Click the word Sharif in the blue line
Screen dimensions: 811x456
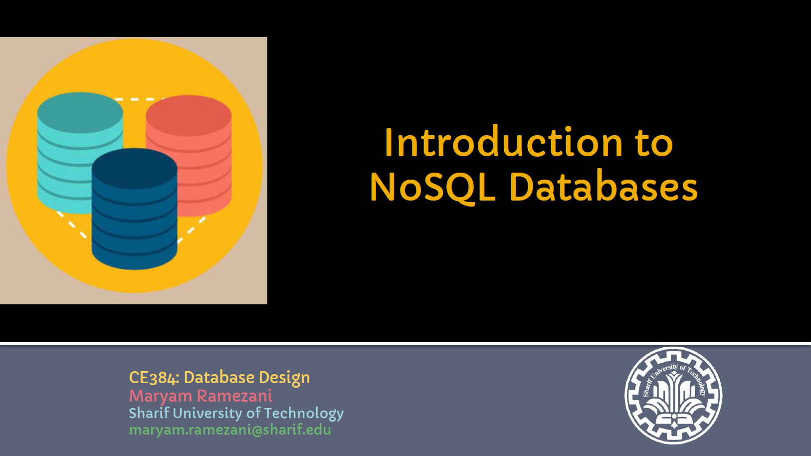149,413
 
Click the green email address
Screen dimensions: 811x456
230,430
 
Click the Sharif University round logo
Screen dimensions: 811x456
673,395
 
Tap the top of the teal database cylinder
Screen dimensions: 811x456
80,112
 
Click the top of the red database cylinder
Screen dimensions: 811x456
189,116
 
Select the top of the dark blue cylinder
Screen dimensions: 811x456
134,169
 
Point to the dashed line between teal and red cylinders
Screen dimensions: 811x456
139,98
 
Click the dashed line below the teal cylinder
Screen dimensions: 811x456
72,225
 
